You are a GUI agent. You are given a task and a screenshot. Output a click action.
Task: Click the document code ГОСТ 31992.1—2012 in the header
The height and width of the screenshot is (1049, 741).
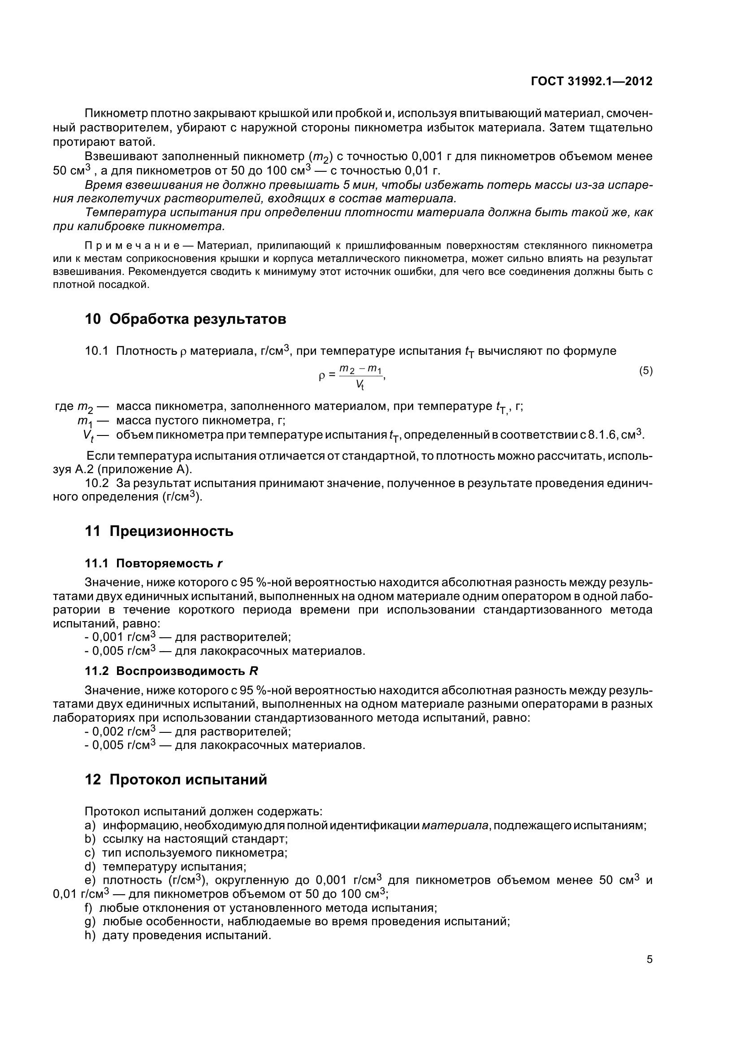point(591,81)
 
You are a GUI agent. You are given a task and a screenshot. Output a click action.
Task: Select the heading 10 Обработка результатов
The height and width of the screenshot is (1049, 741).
point(186,319)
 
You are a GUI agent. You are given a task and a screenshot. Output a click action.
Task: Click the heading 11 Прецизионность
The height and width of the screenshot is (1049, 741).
point(159,531)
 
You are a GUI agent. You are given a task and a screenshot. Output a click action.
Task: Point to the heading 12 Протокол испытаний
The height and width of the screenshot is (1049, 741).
point(176,779)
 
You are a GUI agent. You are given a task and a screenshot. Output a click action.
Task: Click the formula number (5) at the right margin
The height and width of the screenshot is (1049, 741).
point(646,371)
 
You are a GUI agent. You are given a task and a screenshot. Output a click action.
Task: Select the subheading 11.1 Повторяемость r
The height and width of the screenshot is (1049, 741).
point(153,563)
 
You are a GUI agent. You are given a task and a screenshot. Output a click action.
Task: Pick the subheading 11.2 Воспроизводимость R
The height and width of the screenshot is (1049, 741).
point(171,671)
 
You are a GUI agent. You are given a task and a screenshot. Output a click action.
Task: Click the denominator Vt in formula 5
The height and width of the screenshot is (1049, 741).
point(360,385)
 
